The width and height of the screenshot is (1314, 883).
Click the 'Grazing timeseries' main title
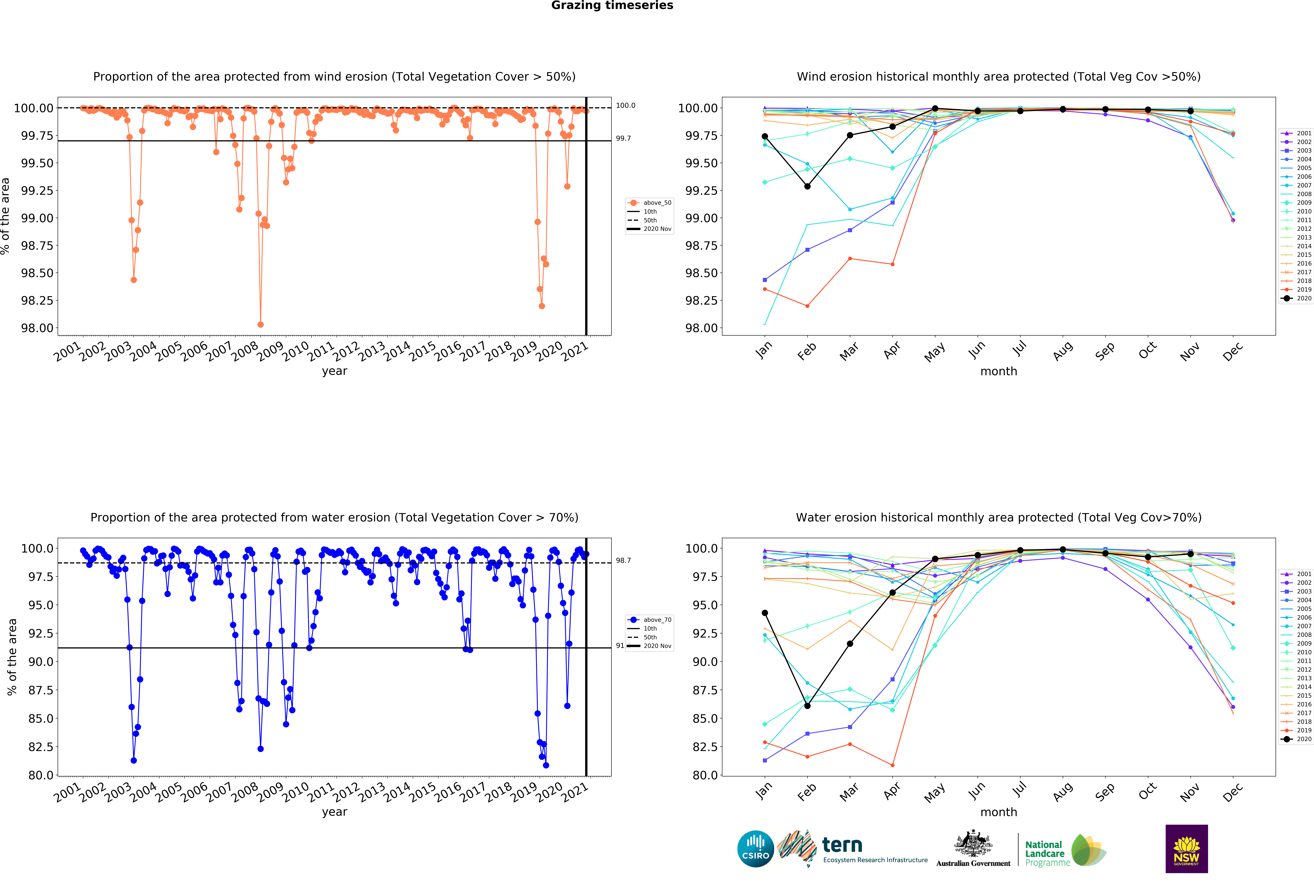[612, 6]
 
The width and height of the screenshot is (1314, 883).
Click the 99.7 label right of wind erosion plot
[623, 138]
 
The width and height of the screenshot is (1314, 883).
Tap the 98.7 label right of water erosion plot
[623, 560]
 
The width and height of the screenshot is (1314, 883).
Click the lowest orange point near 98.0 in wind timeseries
[260, 324]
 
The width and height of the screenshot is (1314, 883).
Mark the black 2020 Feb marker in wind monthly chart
[807, 186]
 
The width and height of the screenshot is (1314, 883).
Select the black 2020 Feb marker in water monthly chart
[807, 706]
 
